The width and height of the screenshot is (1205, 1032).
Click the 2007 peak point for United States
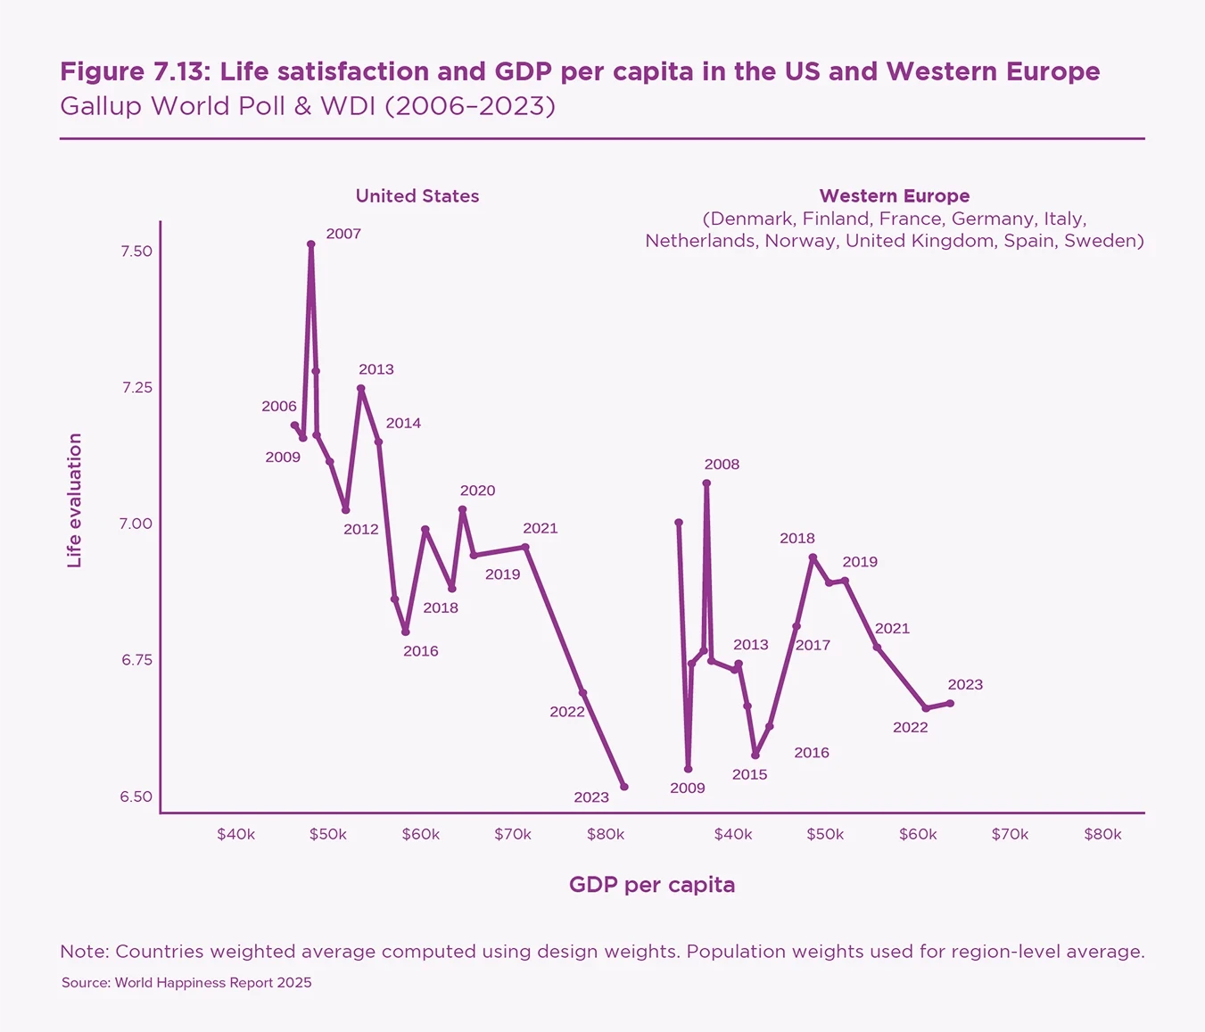tap(310, 244)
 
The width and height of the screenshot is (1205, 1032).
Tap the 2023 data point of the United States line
tap(624, 787)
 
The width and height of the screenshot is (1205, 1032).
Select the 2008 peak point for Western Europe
tap(706, 483)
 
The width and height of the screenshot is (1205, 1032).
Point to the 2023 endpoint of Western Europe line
tap(951, 703)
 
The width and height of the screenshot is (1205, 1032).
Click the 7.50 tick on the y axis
tap(136, 252)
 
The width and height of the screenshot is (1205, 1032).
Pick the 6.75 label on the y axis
tap(136, 660)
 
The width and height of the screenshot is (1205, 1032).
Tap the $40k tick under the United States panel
tap(236, 835)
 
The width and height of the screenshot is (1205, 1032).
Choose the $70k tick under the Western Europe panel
tap(1010, 835)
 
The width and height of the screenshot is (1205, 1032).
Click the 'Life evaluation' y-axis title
tap(75, 500)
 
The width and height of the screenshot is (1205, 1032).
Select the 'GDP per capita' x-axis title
tap(652, 885)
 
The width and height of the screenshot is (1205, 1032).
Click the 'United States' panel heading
tap(417, 196)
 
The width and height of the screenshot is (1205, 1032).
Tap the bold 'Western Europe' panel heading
tap(895, 196)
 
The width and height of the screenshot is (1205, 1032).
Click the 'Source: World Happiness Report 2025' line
tap(186, 983)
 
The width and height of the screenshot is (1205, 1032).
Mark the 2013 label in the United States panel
tap(376, 369)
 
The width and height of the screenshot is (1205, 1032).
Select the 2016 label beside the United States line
tap(421, 651)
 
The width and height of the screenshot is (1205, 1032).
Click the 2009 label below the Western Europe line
tap(688, 788)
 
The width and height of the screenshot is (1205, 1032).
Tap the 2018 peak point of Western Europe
tap(813, 557)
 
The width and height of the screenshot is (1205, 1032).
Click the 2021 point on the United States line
tap(525, 548)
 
